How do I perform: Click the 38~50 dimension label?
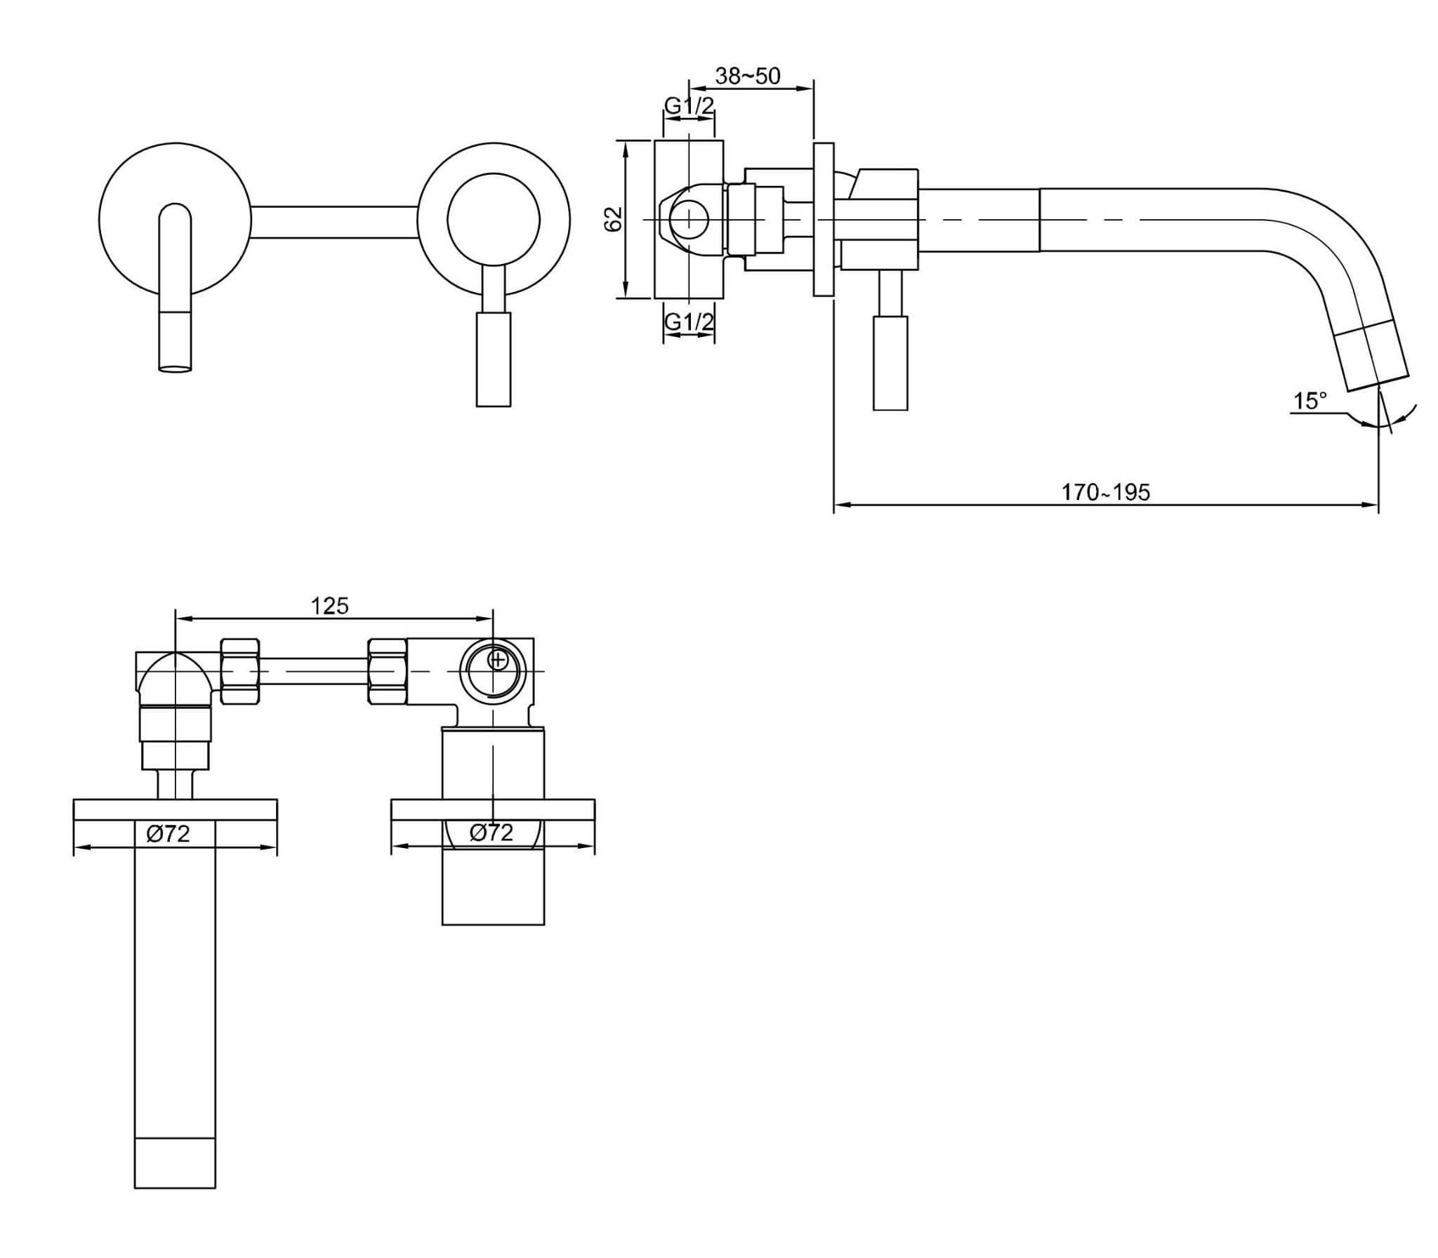[747, 76]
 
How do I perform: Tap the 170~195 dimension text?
[1105, 492]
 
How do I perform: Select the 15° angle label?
[1310, 401]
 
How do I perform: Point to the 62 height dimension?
[614, 219]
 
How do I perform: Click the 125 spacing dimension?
[330, 604]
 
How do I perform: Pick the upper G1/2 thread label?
[689, 106]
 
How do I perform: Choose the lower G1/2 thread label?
[689, 322]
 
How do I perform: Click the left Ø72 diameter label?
[168, 833]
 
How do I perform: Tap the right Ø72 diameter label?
[492, 833]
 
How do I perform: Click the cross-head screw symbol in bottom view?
[497, 660]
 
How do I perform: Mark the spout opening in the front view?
[175, 368]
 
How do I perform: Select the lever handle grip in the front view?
[494, 358]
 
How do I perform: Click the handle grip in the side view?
[890, 362]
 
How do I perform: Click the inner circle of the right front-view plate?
[494, 219]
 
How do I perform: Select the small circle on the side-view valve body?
[689, 220]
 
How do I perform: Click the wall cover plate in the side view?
[824, 219]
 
